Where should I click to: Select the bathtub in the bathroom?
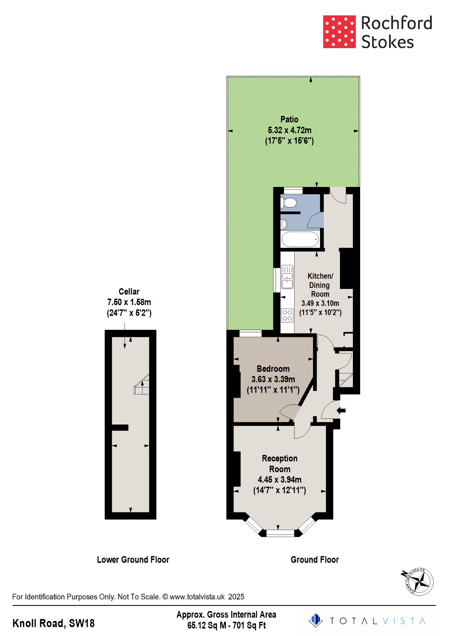coord(300,239)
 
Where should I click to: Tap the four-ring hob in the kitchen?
coord(287,316)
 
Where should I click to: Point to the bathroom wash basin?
coord(284,224)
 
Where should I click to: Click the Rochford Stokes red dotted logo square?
coord(339,32)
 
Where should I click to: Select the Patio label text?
coord(289,120)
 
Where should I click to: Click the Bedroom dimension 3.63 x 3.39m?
coord(273,379)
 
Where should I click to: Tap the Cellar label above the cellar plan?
coord(129,292)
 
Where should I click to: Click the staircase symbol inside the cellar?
coord(142,385)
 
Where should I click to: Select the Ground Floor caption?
coord(314,560)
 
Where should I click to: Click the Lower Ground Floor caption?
coord(133,560)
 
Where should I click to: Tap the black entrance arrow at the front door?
coord(341,411)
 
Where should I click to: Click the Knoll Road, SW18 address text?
coord(53,623)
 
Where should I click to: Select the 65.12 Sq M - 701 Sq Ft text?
coord(226,625)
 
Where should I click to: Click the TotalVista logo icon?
coord(316,620)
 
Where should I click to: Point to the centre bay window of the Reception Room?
coord(280,533)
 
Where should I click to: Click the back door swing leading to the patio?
coord(338,196)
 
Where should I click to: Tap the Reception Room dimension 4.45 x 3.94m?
coord(279,479)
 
